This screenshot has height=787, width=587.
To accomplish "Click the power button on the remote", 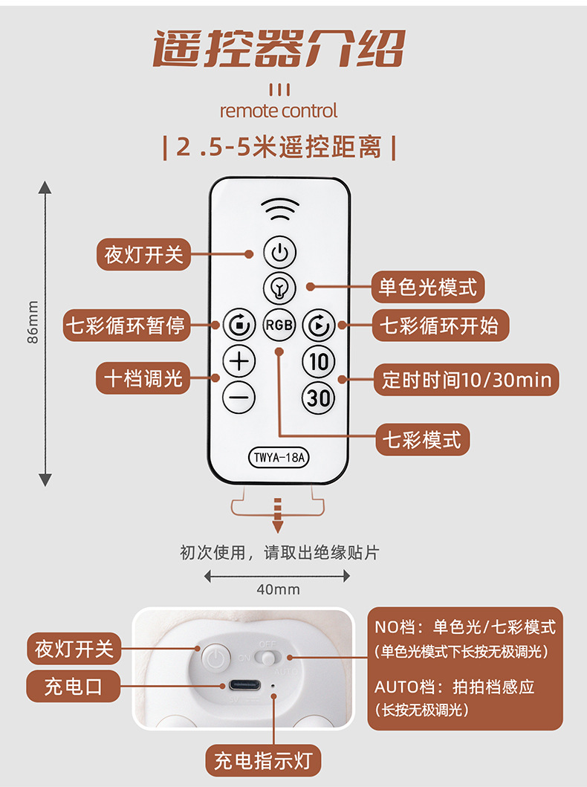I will click(279, 253).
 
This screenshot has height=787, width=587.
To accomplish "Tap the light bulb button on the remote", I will click(279, 287).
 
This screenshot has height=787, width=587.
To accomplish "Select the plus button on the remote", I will click(239, 362).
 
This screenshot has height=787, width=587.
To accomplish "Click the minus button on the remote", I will click(239, 398).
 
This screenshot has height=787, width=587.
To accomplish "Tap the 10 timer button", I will click(318, 362).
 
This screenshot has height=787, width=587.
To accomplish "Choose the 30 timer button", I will click(318, 398).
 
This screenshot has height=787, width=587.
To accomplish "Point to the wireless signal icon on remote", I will click(279, 210).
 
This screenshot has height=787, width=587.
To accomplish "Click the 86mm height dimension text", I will click(33, 322).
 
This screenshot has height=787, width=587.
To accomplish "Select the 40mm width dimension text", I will click(278, 589).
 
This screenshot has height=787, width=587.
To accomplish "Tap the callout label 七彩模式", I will click(422, 439).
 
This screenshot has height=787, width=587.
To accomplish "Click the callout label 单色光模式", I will click(428, 286).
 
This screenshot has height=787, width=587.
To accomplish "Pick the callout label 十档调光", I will click(143, 378).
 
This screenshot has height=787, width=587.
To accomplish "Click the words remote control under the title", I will click(279, 111).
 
